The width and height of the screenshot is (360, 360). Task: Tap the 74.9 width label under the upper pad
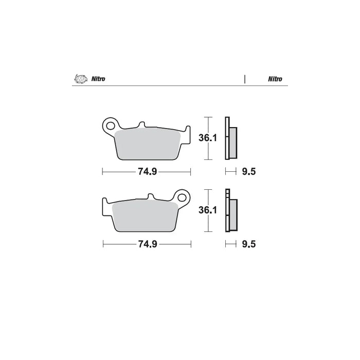(147, 172)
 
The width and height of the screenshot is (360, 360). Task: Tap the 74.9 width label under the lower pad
(147, 245)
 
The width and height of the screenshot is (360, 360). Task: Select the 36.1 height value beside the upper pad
(206, 138)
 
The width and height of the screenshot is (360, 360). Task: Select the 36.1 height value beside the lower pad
(206, 210)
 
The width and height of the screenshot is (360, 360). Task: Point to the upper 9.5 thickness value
(248, 172)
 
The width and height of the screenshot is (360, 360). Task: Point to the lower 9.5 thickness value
(248, 245)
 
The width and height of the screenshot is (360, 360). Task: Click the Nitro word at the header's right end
(274, 79)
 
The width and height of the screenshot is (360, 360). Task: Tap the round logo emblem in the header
(80, 79)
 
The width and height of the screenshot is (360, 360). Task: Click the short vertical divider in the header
(245, 79)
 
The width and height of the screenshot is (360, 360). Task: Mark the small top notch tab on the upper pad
(142, 125)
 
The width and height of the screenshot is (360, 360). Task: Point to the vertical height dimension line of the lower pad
(207, 224)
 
